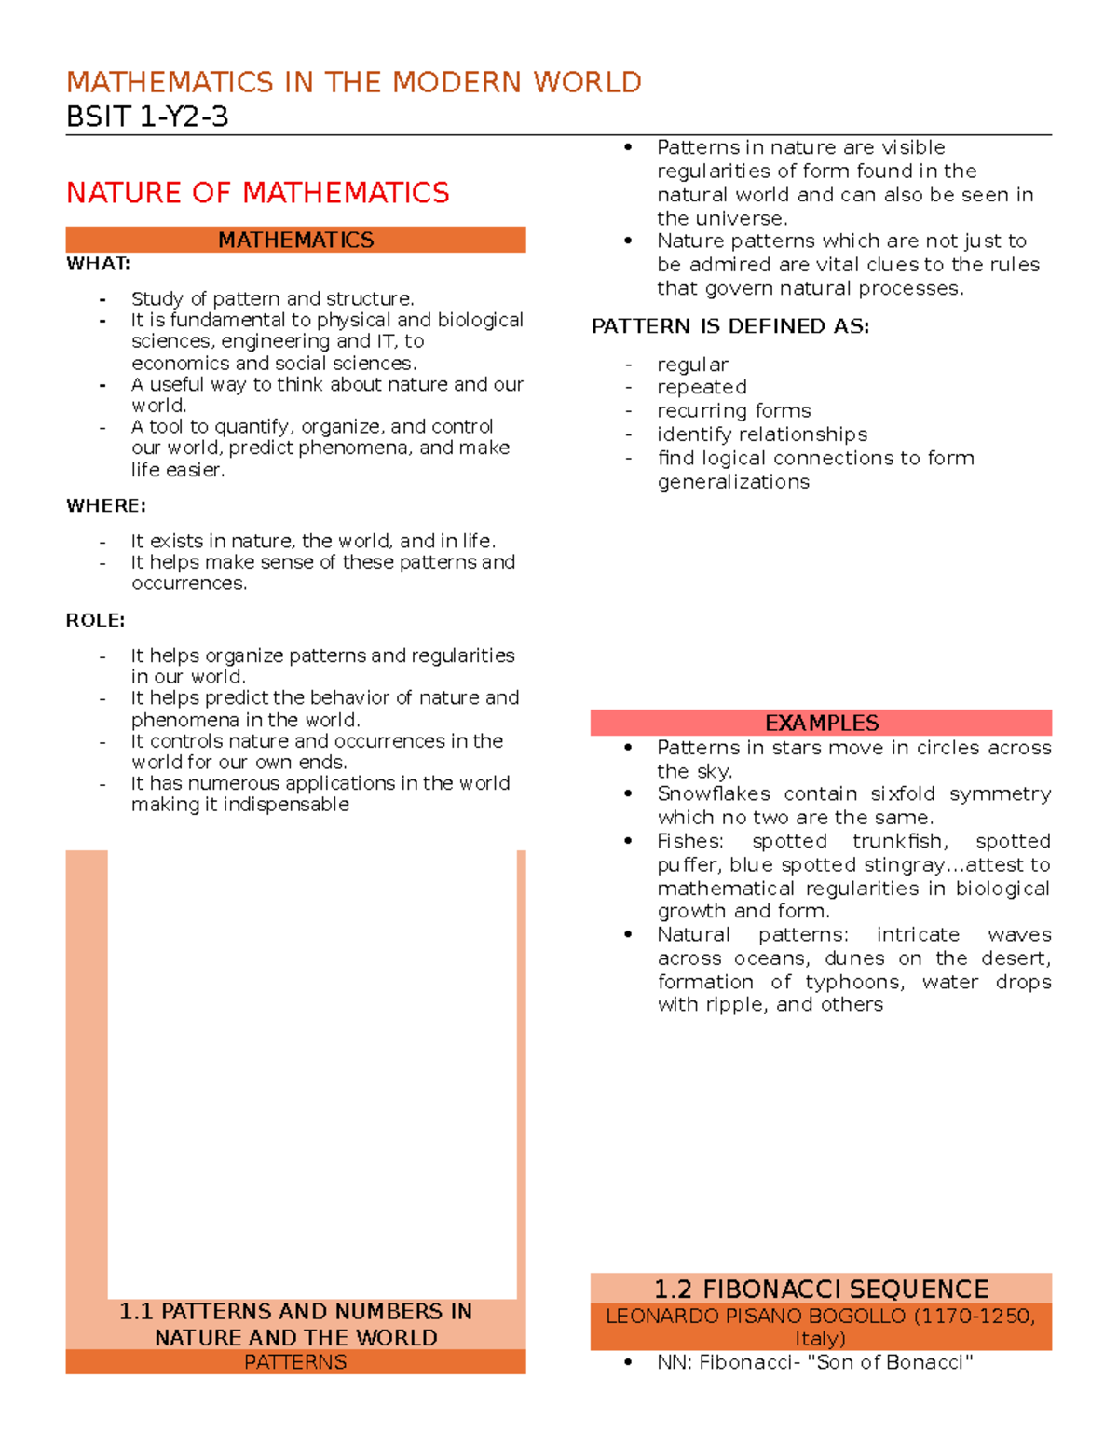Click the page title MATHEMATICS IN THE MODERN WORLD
(x=353, y=82)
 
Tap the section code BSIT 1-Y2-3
(x=147, y=117)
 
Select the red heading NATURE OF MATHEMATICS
(x=257, y=193)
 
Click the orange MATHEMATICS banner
(x=295, y=240)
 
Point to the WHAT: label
(x=98, y=264)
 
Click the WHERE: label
(x=105, y=506)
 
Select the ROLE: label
(x=95, y=621)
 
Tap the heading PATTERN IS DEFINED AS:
(x=729, y=326)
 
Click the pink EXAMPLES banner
(x=821, y=723)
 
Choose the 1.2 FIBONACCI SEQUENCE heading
(x=821, y=1289)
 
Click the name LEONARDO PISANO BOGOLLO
(x=756, y=1316)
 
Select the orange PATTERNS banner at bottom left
(x=295, y=1362)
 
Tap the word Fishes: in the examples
(x=689, y=841)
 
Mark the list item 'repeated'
(x=702, y=387)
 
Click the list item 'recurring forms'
(x=733, y=411)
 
